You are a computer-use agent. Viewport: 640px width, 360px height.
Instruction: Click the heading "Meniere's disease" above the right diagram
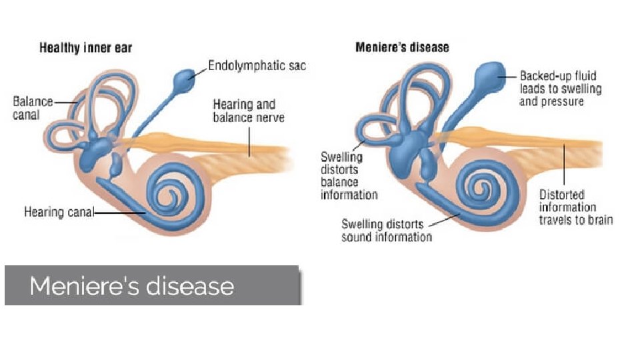(x=402, y=47)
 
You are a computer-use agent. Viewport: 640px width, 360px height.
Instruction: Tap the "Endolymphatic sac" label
(x=257, y=65)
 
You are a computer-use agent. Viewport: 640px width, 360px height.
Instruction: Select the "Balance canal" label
(x=33, y=108)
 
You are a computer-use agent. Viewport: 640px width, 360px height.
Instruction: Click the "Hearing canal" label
(x=59, y=213)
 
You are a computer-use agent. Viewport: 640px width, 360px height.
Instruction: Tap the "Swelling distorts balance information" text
(x=349, y=175)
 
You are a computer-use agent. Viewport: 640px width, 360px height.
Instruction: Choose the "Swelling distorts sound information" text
(x=387, y=230)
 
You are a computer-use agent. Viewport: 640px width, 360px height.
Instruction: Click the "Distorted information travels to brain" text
(x=575, y=207)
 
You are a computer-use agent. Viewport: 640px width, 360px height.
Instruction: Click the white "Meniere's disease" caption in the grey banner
(x=132, y=286)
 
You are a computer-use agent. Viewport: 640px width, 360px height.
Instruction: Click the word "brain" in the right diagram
(x=598, y=219)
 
